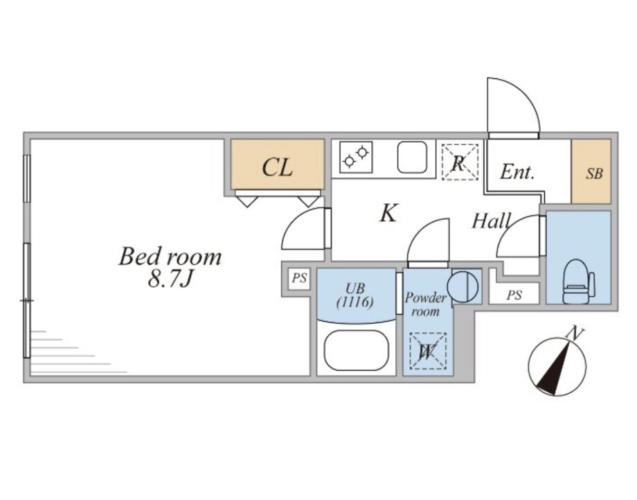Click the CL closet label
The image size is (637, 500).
277,167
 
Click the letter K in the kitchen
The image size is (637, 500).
388,214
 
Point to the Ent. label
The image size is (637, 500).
517,173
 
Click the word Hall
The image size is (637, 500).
492,221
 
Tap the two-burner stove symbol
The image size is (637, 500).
356,157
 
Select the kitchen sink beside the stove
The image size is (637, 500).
415,158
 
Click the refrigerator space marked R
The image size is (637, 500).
460,162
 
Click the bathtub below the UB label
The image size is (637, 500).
356,351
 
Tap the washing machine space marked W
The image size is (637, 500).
427,352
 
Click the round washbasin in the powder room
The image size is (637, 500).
462,285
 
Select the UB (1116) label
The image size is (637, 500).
355,295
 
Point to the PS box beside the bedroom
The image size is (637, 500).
298,279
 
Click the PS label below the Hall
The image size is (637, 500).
514,295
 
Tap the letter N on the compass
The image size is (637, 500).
575,334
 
